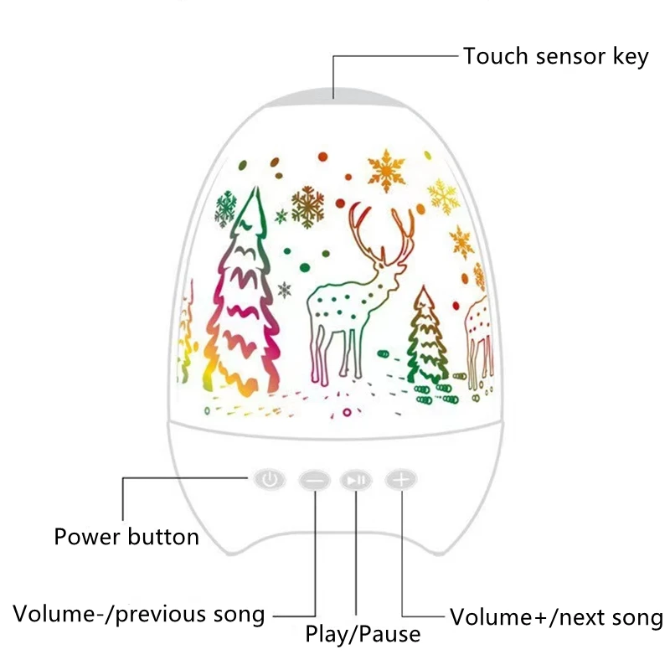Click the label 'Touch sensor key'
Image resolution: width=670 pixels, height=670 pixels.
pyautogui.click(x=556, y=57)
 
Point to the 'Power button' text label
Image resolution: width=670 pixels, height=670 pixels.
pyautogui.click(x=126, y=536)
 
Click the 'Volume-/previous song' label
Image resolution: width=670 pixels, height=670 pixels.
pyautogui.click(x=139, y=615)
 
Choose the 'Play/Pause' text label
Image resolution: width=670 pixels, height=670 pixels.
pyautogui.click(x=363, y=634)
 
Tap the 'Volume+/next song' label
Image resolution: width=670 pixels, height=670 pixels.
pyautogui.click(x=556, y=618)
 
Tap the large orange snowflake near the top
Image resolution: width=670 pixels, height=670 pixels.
pyautogui.click(x=386, y=170)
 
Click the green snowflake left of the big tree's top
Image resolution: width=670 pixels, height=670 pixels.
pyautogui.click(x=224, y=209)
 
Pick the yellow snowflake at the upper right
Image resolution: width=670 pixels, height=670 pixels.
pyautogui.click(x=442, y=195)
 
